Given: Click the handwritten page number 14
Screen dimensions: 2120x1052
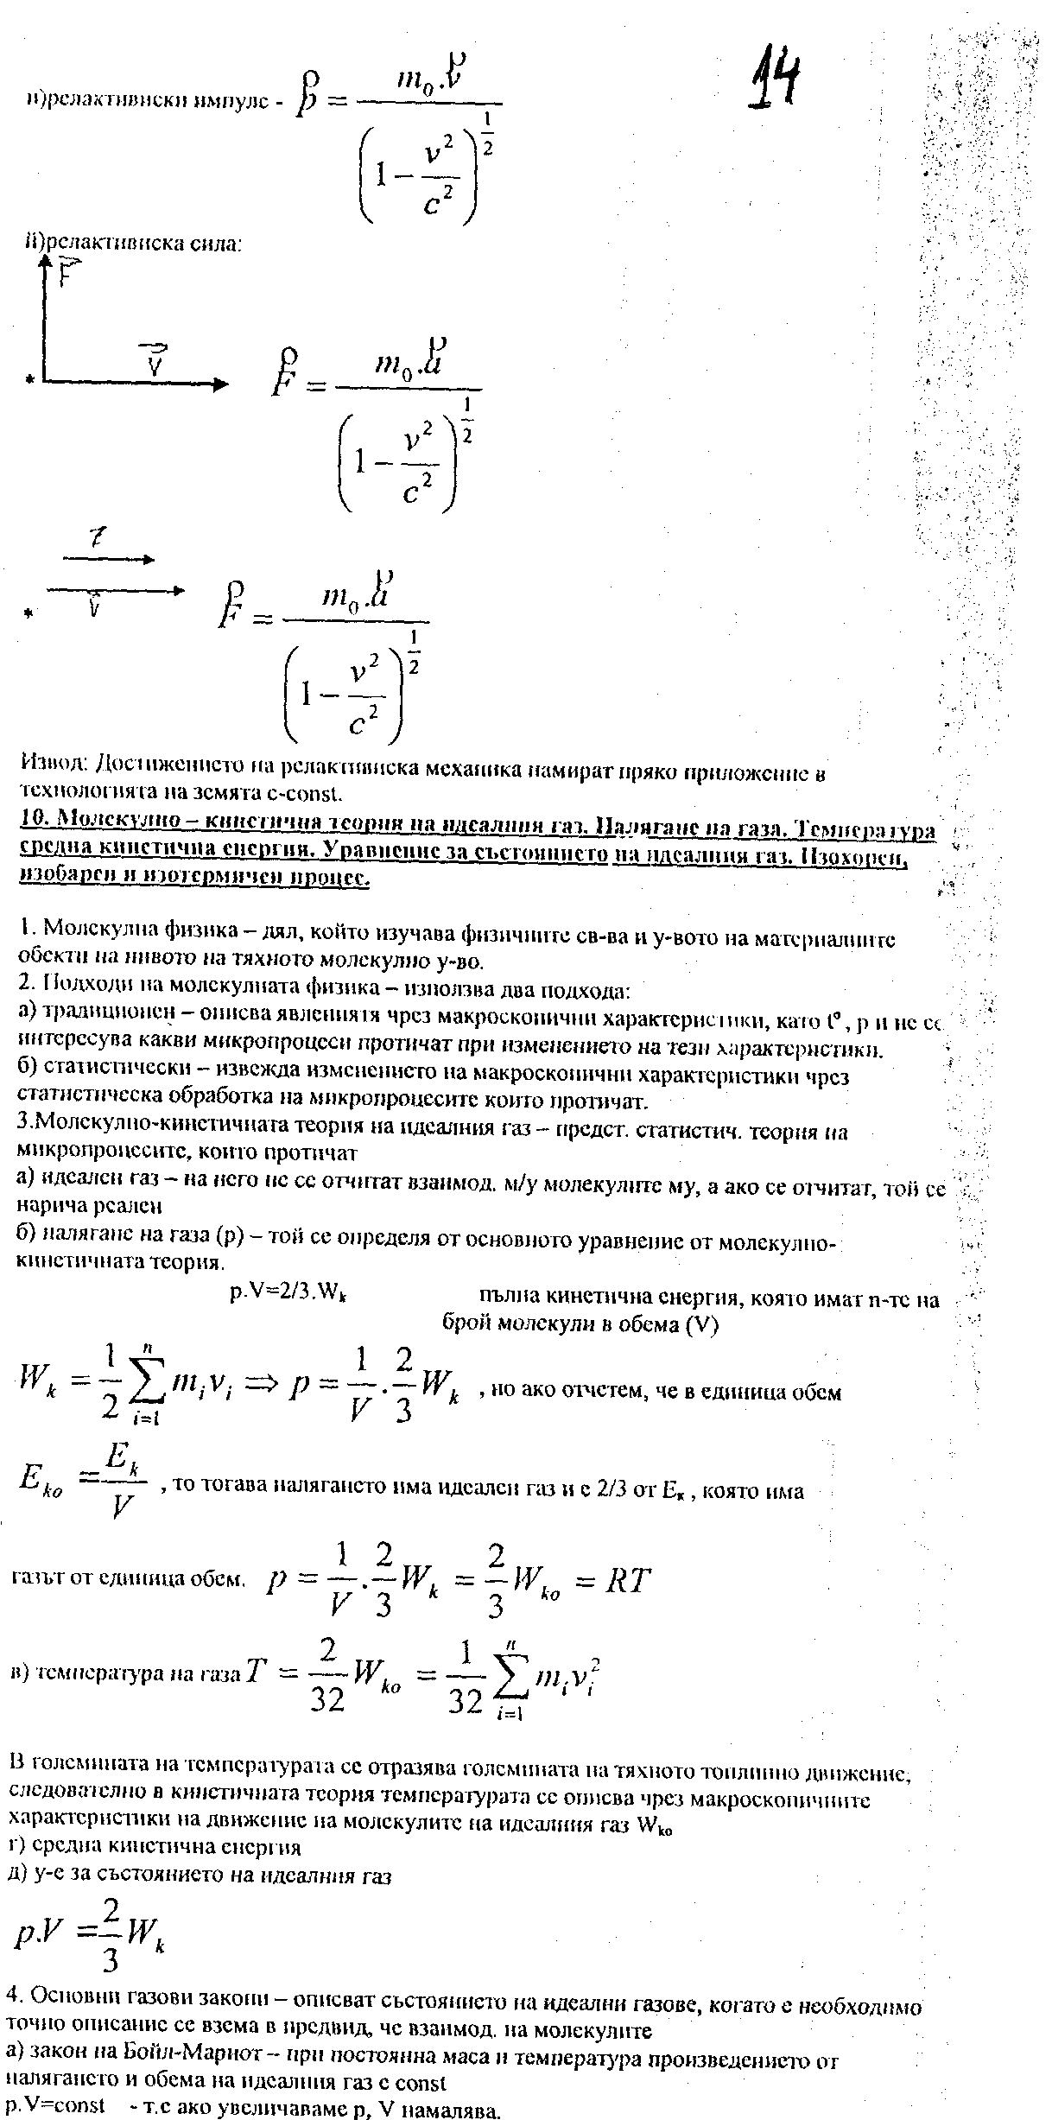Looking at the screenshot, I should pos(774,79).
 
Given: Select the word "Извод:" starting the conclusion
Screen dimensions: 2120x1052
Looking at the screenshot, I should pos(50,764).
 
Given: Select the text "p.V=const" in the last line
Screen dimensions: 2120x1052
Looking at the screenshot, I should pos(55,2105).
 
